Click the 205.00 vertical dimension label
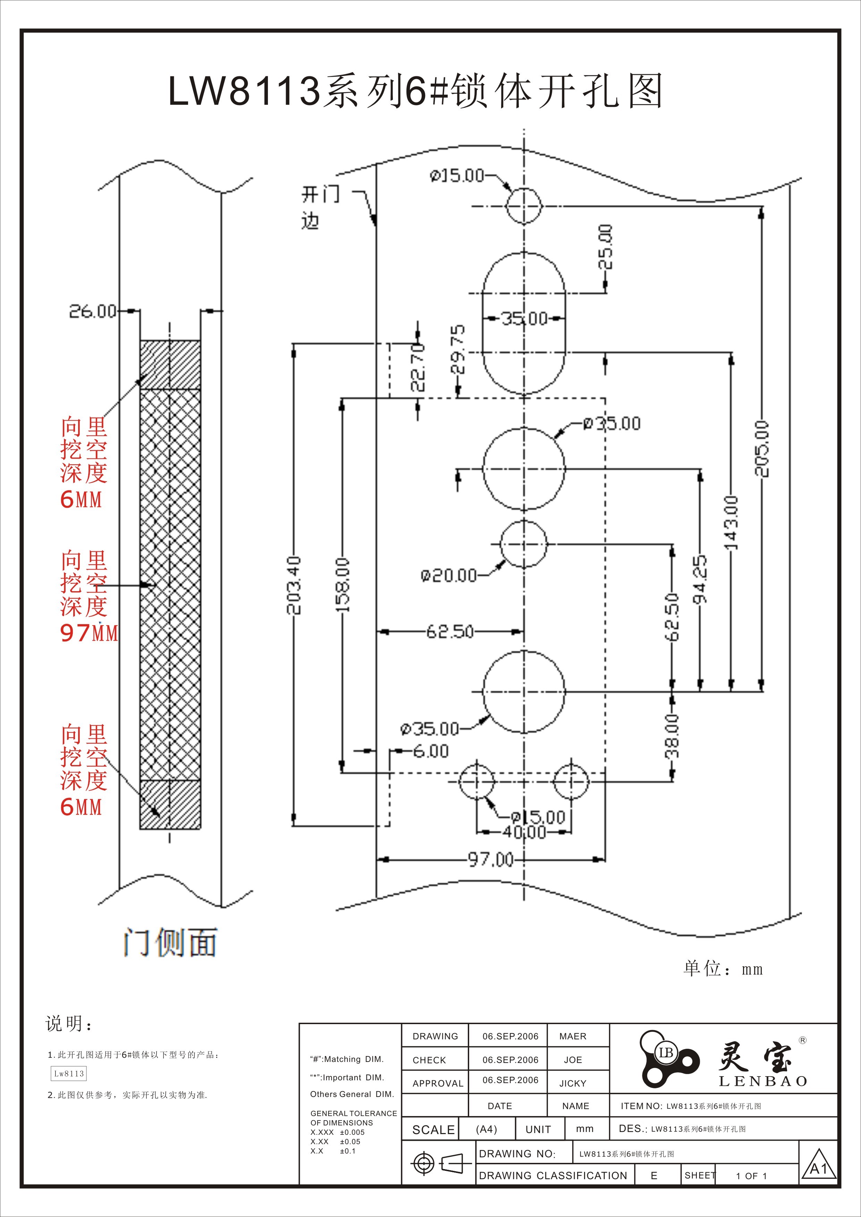pyautogui.click(x=761, y=449)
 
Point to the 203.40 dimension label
pyautogui.click(x=294, y=585)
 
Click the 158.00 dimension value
pyautogui.click(x=343, y=585)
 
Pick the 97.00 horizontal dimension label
pyautogui.click(x=490, y=859)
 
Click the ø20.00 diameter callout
pyautogui.click(x=448, y=576)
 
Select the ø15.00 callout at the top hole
pyautogui.click(x=457, y=176)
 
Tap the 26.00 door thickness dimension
pyautogui.click(x=93, y=311)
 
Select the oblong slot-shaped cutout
pyautogui.click(x=524, y=323)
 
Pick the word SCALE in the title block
pyautogui.click(x=433, y=1130)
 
